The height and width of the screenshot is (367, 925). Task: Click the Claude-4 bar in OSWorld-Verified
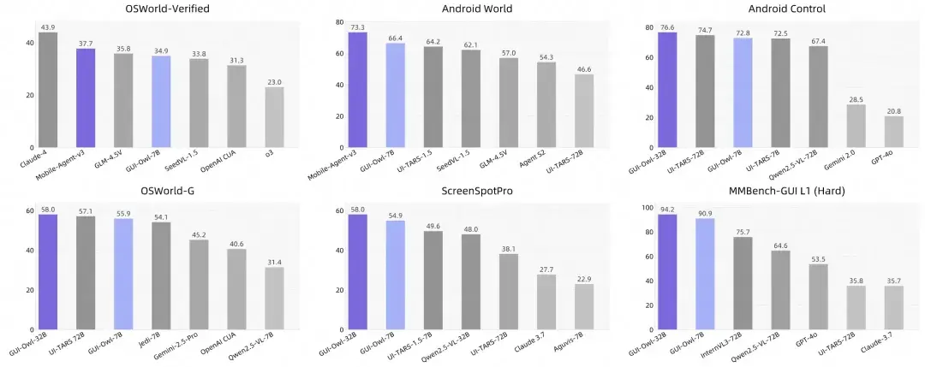coord(48,90)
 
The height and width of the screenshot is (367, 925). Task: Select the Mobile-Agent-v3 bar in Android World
coord(357,89)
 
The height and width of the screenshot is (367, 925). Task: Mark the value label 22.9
coord(585,278)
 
